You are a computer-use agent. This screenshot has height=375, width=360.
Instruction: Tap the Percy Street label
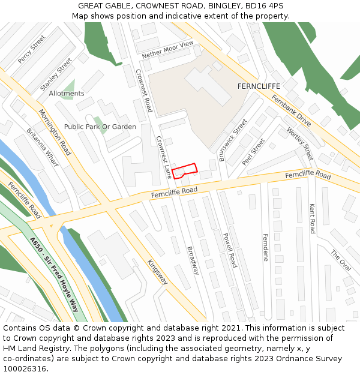(x=32, y=49)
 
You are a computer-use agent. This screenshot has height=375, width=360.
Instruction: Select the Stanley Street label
(x=56, y=74)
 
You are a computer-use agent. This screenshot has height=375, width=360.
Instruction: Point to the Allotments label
(x=67, y=94)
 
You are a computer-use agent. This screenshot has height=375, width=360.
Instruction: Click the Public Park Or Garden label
(x=100, y=127)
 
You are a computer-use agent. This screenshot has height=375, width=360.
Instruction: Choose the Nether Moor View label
(x=168, y=50)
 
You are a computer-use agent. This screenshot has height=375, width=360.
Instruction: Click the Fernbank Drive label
(x=291, y=110)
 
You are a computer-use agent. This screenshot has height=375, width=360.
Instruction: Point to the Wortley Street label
(x=299, y=143)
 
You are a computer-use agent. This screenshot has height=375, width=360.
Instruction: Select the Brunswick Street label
(x=233, y=140)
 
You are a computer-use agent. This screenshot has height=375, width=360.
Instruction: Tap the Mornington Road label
(x=55, y=132)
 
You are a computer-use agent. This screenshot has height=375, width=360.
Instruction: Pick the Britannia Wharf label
(x=42, y=147)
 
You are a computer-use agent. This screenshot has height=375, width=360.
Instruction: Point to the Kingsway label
(x=158, y=275)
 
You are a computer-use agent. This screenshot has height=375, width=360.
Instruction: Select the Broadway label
(x=193, y=260)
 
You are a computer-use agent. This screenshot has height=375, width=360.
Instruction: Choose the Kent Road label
(x=312, y=218)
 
